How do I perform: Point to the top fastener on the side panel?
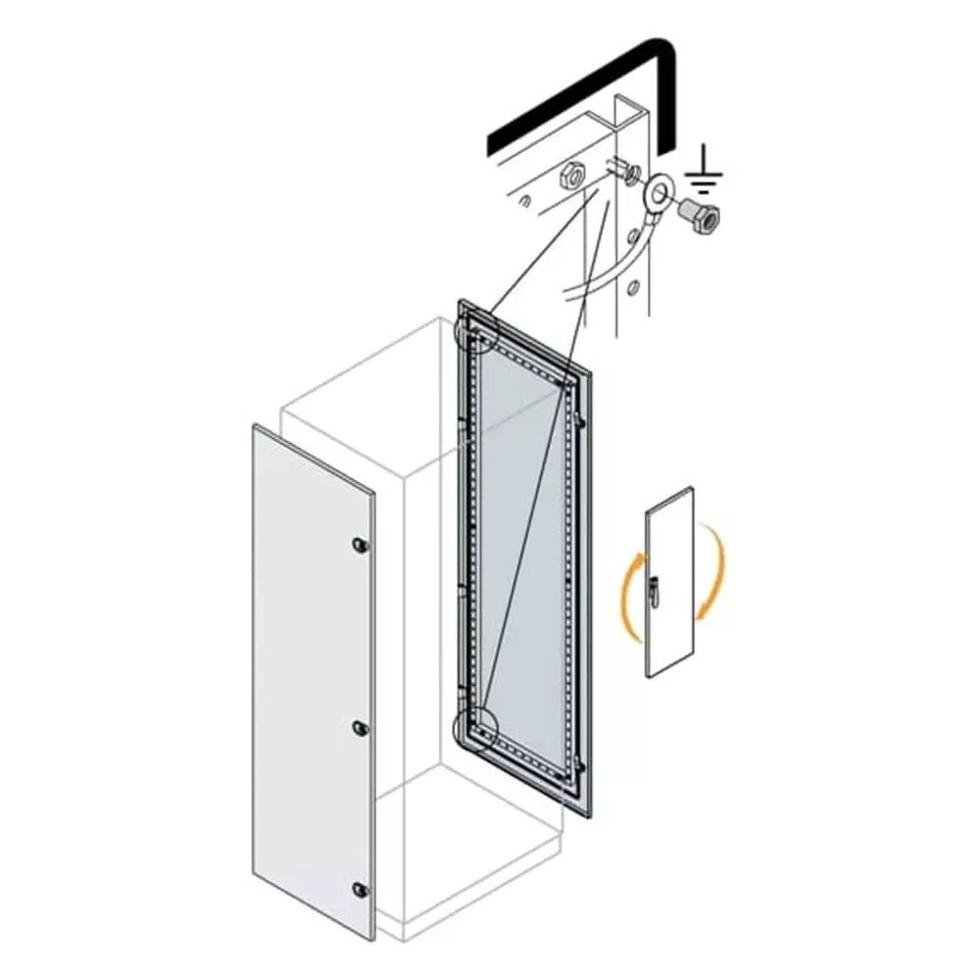pyautogui.click(x=359, y=544)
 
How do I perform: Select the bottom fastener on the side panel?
pyautogui.click(x=359, y=889)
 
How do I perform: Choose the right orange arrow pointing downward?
pyautogui.click(x=717, y=573)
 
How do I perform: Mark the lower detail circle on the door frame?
pyautogui.click(x=477, y=727)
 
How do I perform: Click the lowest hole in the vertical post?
pyautogui.click(x=634, y=288)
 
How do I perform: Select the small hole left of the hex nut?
pyautogui.click(x=526, y=202)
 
